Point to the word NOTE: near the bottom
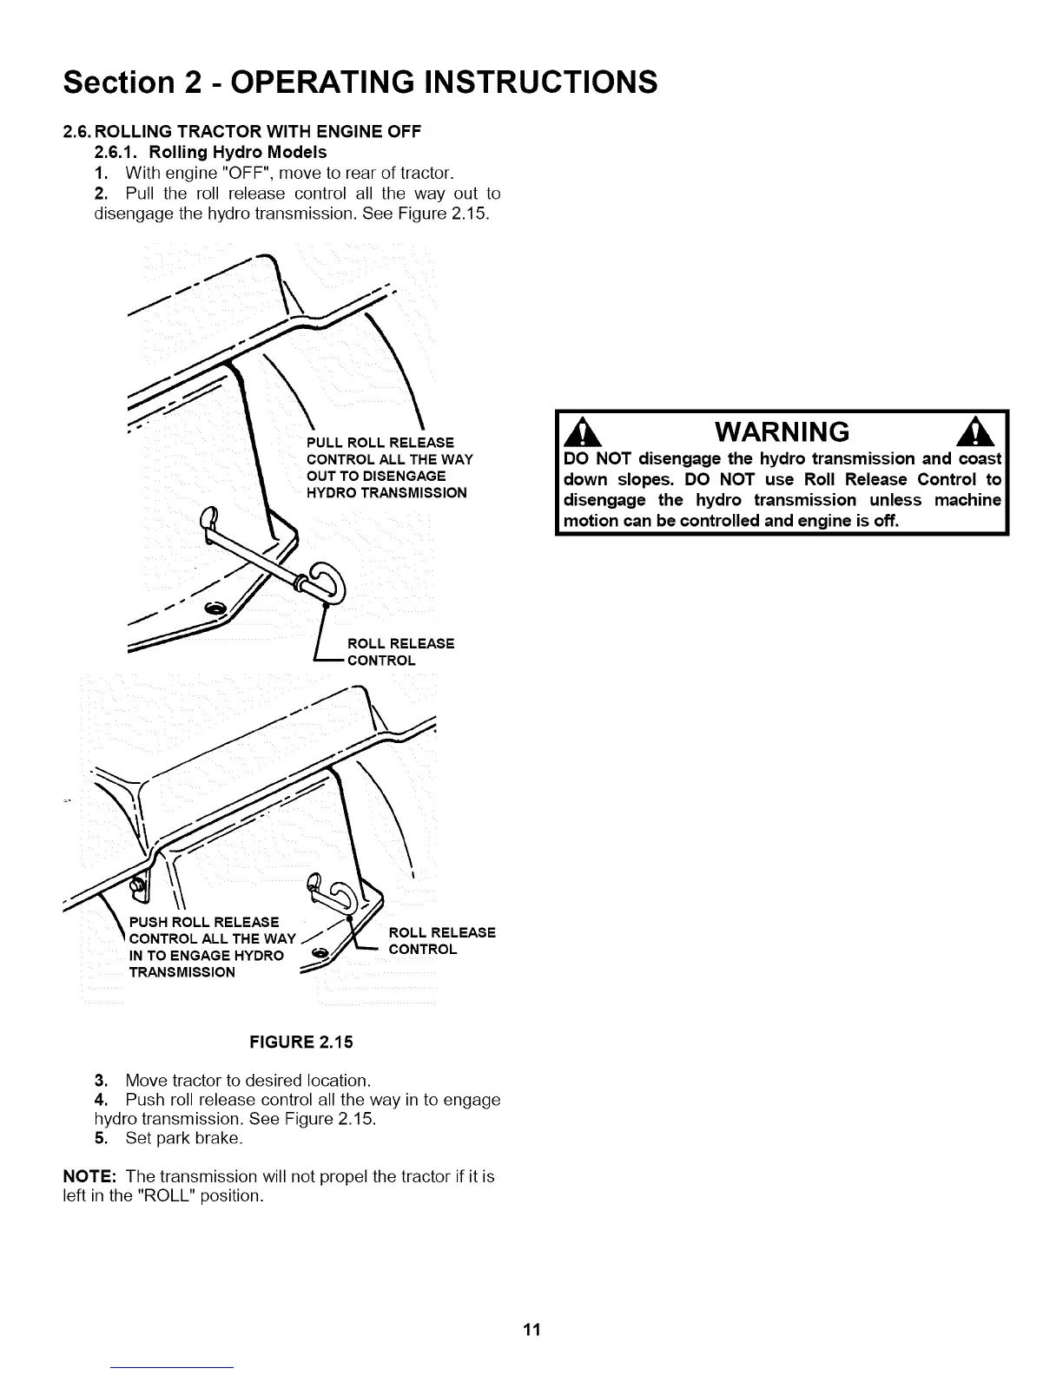pos(90,1176)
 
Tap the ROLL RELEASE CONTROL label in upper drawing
pos(400,651)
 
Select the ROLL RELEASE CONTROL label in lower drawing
pos(441,940)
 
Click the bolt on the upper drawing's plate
pos(214,606)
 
